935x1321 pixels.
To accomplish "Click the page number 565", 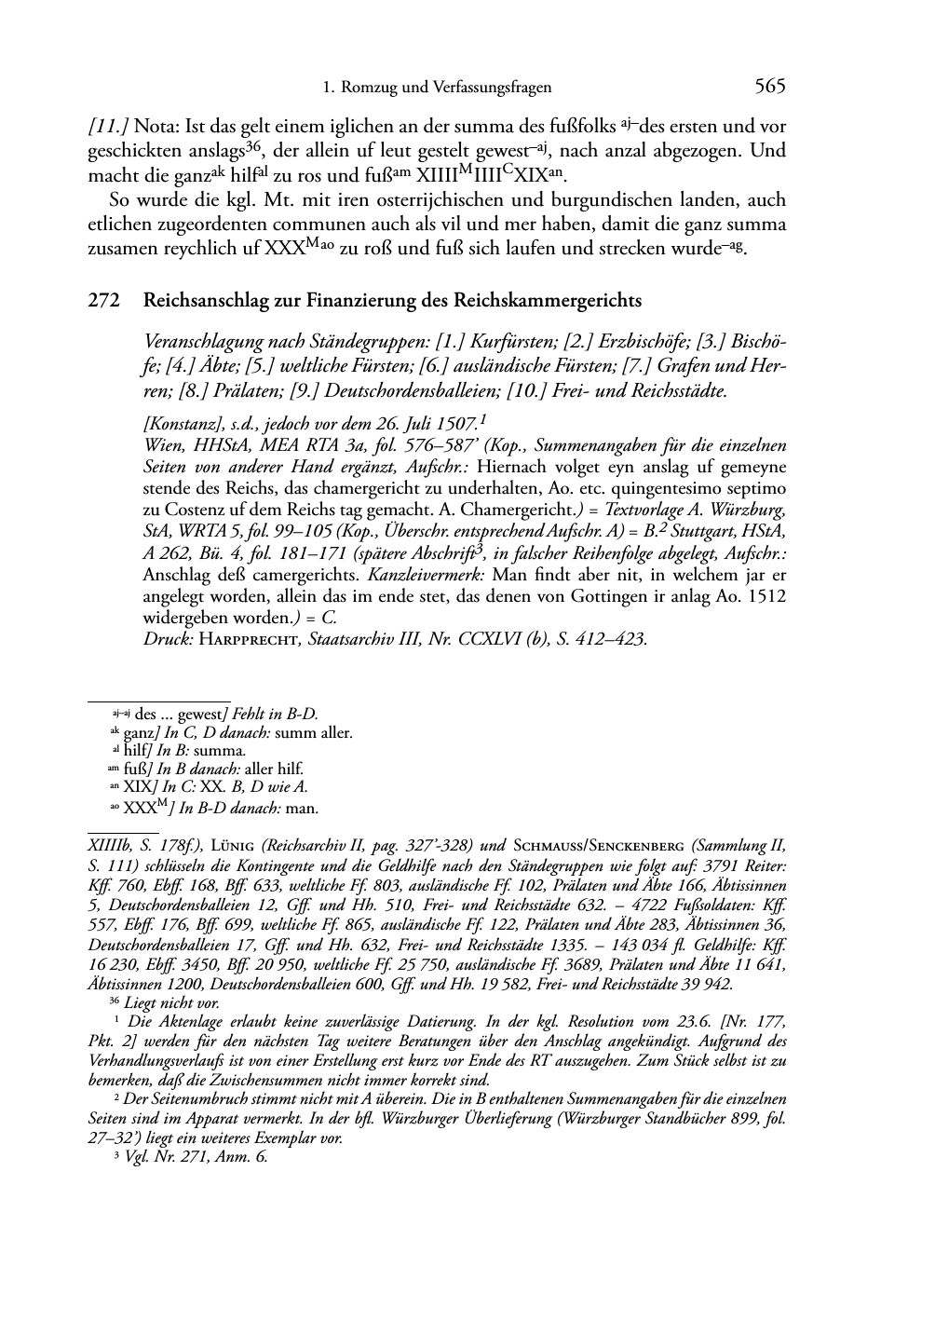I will click(x=770, y=87).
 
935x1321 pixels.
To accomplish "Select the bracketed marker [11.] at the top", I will click(x=107, y=126).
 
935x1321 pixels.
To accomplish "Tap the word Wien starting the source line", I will click(x=162, y=443).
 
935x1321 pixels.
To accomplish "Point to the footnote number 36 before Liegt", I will click(x=115, y=1001).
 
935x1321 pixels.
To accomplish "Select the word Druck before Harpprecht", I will click(x=165, y=639).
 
